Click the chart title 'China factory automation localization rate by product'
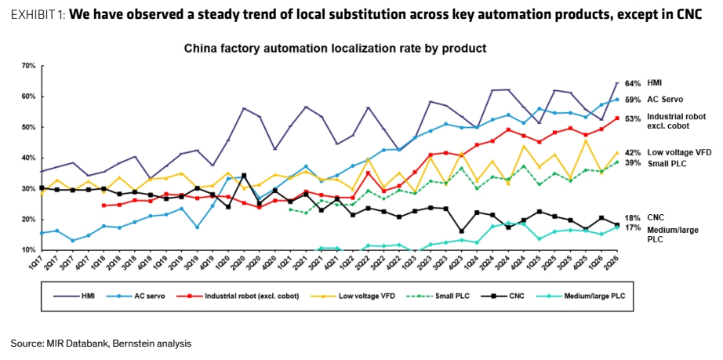tap(335, 48)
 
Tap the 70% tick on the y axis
tap(28, 66)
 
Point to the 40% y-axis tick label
tap(28, 158)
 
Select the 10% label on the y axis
tap(28, 250)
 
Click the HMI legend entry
tap(74, 296)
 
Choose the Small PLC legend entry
tap(442, 296)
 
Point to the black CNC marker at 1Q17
tap(42, 187)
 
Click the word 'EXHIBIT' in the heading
tap(34, 15)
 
